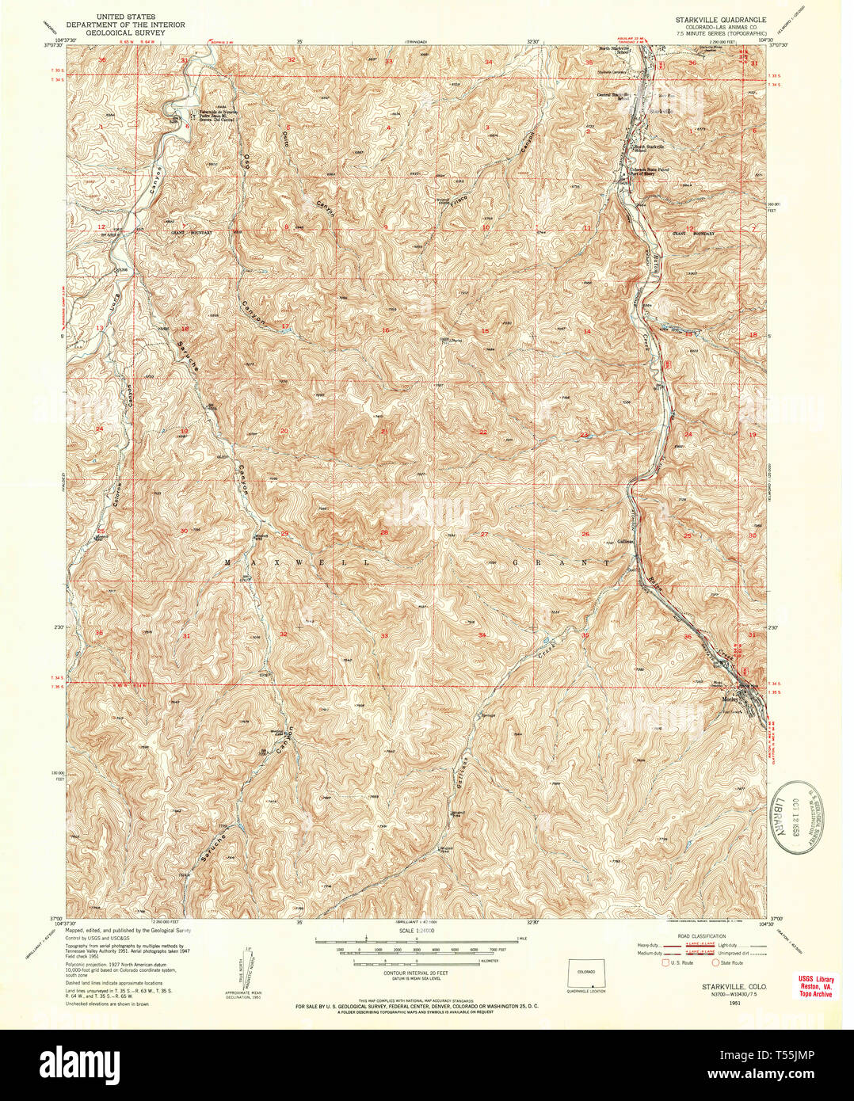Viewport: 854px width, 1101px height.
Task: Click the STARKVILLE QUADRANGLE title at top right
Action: (x=720, y=17)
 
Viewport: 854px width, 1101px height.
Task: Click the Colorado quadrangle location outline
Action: (x=586, y=973)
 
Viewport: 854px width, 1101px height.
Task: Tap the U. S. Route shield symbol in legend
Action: (x=665, y=962)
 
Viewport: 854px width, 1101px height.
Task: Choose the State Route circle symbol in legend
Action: (x=716, y=962)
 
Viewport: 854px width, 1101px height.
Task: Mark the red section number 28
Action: (x=384, y=532)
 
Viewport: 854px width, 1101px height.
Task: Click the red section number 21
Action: (x=384, y=431)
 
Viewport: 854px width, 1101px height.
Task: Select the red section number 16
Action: (x=385, y=330)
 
